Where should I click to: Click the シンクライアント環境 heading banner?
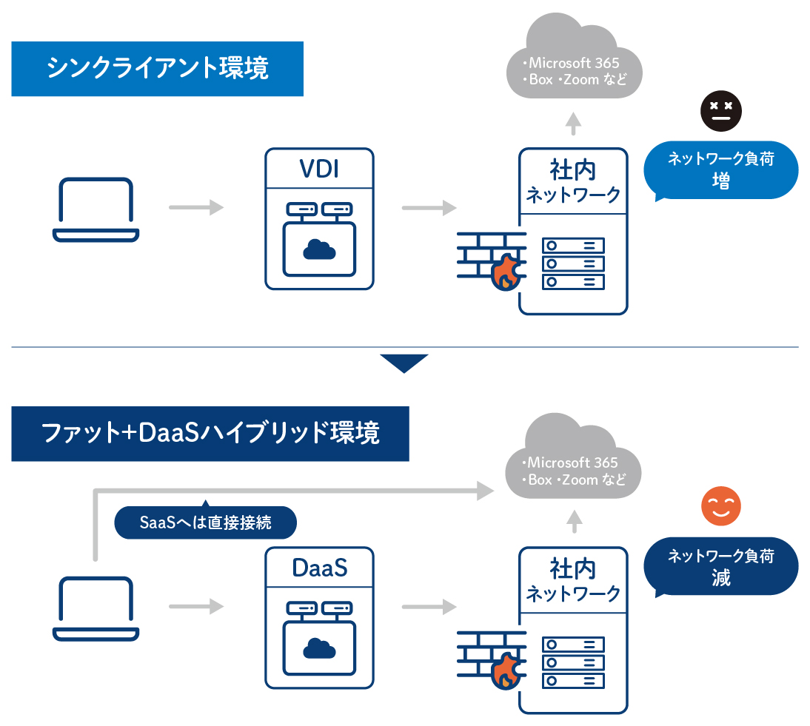click(157, 69)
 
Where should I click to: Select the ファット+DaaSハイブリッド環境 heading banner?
click(210, 434)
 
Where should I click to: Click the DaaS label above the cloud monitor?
click(319, 568)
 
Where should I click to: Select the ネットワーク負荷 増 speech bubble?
click(720, 170)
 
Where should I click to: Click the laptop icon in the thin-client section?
click(96, 209)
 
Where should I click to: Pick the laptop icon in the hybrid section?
click(96, 608)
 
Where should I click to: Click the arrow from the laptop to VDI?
click(196, 208)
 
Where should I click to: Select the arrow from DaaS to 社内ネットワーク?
click(429, 607)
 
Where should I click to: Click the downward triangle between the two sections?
click(404, 363)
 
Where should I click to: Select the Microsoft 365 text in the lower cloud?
click(572, 463)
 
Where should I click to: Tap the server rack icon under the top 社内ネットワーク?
click(573, 263)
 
